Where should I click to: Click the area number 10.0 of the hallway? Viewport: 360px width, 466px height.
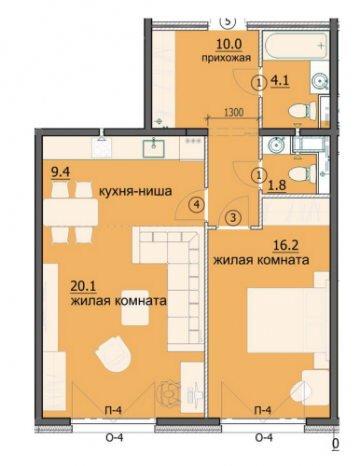(229, 44)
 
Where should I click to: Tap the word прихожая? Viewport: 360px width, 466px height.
(226, 58)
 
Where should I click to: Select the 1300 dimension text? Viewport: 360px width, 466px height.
(233, 112)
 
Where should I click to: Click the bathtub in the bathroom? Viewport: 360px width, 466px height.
(295, 46)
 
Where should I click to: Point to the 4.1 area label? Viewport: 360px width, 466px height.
(280, 81)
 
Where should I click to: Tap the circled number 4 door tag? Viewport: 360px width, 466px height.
(197, 204)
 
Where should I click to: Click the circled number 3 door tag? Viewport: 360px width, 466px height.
(233, 218)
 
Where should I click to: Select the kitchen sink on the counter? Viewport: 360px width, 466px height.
(154, 147)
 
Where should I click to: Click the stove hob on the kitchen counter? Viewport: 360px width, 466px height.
(101, 148)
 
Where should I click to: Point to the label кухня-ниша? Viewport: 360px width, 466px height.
(135, 191)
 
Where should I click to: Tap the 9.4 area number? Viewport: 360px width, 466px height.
(61, 172)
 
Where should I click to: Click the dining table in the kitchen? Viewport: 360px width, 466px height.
(71, 212)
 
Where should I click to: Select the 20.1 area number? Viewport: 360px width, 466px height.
(83, 286)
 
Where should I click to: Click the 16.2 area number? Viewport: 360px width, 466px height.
(285, 245)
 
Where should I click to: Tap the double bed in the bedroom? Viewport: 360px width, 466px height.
(287, 320)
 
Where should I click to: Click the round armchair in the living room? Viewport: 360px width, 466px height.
(114, 354)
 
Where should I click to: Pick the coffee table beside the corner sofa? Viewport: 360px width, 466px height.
(135, 308)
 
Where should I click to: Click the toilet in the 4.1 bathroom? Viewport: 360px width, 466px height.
(302, 111)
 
